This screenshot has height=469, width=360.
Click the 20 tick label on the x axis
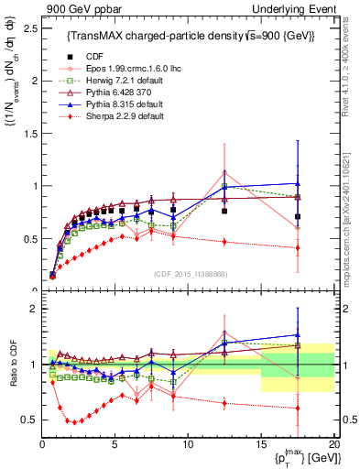tap(333, 444)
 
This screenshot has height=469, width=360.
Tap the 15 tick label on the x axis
tap(261, 444)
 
